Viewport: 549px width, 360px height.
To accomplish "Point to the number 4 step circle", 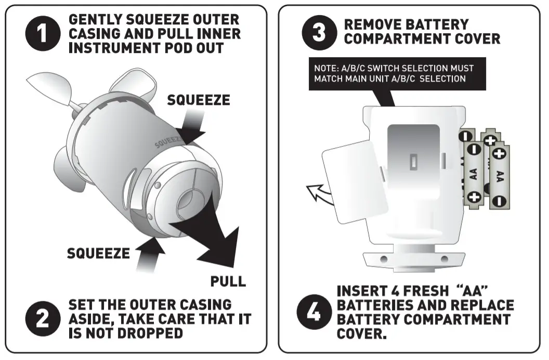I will [x=314, y=312].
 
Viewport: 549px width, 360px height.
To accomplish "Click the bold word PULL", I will [x=228, y=281].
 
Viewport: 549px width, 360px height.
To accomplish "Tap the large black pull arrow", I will [x=213, y=237].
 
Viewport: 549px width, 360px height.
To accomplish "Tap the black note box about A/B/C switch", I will [x=397, y=73].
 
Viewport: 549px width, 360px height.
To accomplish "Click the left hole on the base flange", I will [x=383, y=259].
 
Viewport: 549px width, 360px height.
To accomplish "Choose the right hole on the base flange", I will [x=445, y=259].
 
